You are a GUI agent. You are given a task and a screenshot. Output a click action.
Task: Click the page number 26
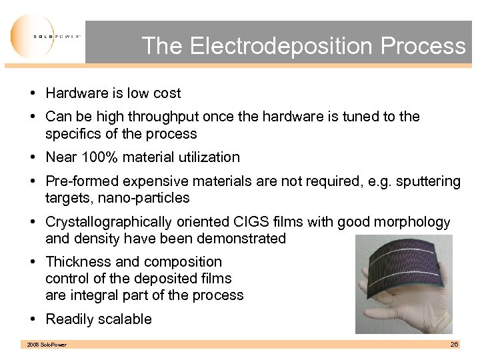point(454,343)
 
